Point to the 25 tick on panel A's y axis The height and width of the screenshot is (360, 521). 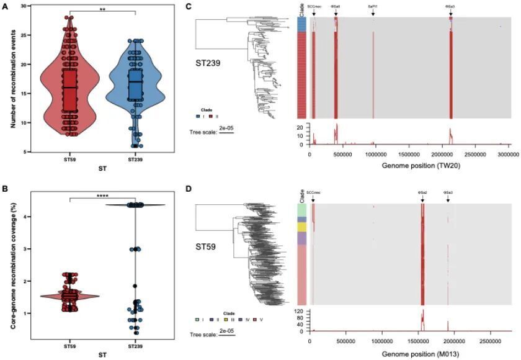pyautogui.click(x=25, y=35)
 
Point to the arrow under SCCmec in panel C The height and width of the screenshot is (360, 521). pyautogui.click(x=313, y=12)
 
